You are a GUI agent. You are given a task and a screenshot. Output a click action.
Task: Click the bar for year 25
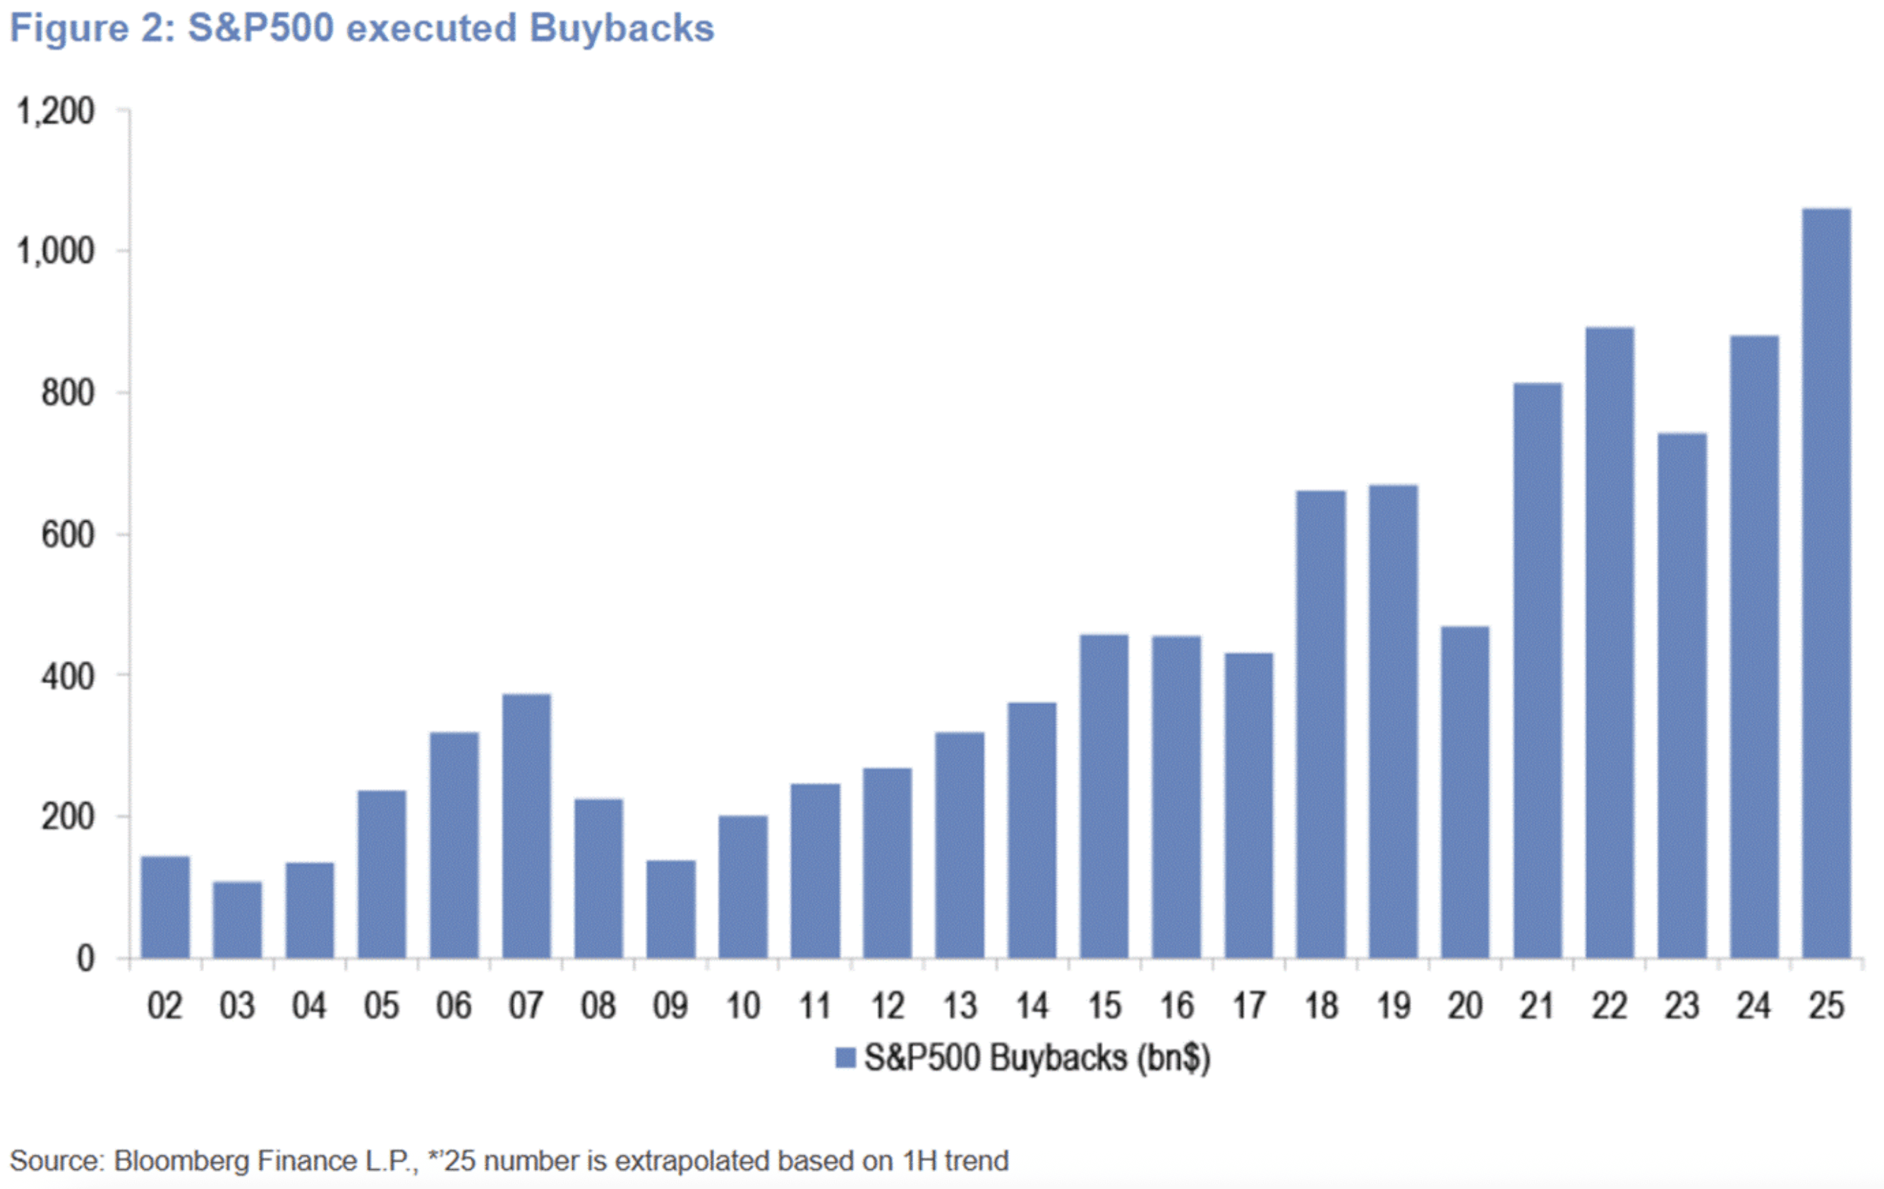1826,583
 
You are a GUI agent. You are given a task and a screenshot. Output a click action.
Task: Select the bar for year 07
526,826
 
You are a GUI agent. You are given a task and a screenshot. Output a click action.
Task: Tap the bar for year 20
1465,792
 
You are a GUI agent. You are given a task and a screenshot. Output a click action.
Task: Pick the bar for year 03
237,920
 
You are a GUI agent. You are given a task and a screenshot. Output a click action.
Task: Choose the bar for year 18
1321,724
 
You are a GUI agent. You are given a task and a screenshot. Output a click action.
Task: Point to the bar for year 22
1610,642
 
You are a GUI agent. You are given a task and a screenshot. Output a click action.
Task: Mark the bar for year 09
670,909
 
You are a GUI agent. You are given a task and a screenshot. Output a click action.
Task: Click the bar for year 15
1104,796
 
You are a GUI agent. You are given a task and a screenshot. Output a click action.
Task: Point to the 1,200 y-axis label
56,111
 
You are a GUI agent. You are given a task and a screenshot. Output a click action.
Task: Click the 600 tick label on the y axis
68,535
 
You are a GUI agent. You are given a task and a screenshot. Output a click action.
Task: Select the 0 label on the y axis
85,959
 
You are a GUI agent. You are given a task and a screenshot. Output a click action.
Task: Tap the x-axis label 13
959,1006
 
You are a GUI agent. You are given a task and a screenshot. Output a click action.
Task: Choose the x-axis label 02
165,1006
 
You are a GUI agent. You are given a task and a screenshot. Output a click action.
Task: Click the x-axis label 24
1753,1006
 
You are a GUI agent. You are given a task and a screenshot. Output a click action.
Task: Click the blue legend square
845,1058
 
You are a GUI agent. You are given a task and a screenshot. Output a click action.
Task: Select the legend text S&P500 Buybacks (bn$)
1037,1058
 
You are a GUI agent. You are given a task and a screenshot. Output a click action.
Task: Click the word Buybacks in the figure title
621,29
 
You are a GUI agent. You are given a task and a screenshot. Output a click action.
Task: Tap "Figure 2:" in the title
92,29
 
